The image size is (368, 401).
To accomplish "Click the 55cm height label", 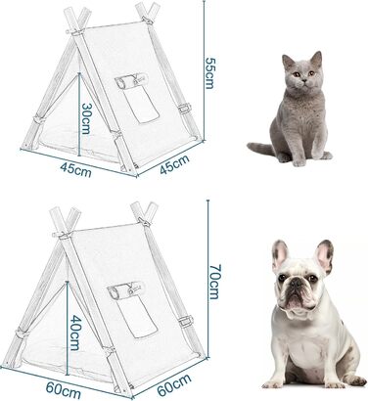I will [209, 72].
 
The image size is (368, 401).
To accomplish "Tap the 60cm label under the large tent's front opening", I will [63, 390].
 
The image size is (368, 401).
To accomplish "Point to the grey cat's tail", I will [261, 149].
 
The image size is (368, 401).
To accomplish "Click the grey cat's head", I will [301, 75].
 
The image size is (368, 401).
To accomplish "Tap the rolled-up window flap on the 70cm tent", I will [122, 290].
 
